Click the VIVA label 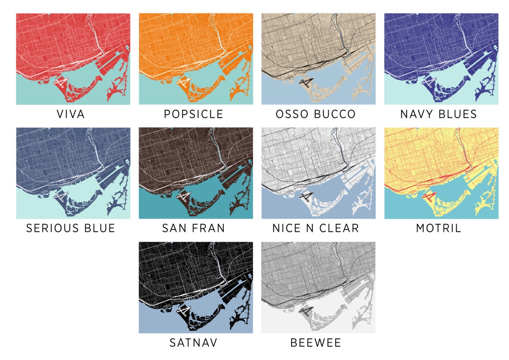(71, 114)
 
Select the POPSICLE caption (193, 114)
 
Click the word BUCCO (335, 114)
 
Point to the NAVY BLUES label (438, 114)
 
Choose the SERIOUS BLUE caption (71, 228)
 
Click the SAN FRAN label (193, 228)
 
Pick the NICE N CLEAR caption (316, 228)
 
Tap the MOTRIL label (438, 228)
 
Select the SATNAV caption (193, 343)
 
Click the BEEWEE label (316, 343)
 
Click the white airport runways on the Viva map (60, 82)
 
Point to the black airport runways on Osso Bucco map (306, 82)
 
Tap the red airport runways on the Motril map (429, 196)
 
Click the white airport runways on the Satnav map (183, 310)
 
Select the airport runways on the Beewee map (306, 310)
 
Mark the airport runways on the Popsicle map (183, 82)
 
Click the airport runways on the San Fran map (183, 196)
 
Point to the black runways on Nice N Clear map (306, 196)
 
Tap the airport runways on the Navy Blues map (429, 82)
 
